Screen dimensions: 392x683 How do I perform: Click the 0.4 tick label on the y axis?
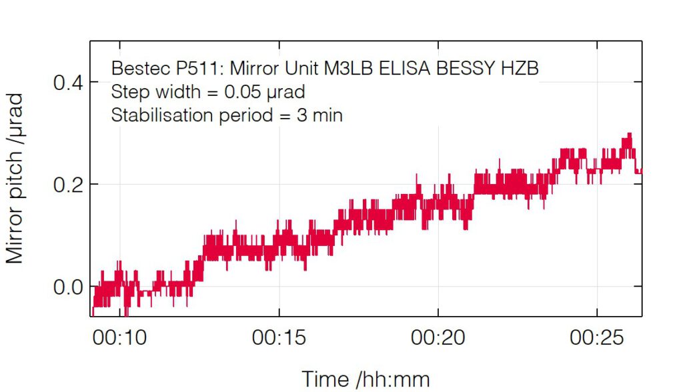point(67,83)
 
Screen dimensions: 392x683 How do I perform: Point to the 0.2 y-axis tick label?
point(67,185)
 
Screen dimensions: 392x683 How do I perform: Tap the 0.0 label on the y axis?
point(67,287)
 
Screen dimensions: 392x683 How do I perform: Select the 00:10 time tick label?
point(120,338)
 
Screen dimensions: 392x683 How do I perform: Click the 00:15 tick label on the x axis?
point(279,338)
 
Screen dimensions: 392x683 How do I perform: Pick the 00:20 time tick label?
point(438,338)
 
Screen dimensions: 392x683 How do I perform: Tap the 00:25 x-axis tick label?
point(596,338)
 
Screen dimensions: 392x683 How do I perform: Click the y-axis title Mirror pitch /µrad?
point(15,179)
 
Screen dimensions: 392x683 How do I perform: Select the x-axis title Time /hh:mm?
point(366,378)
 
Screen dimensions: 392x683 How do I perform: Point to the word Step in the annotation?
point(127,92)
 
